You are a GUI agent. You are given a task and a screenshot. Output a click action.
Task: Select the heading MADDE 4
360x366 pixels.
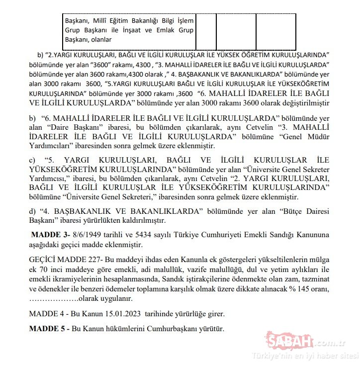pos(49,314)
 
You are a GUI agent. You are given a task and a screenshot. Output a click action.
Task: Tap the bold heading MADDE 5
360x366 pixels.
pos(49,329)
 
